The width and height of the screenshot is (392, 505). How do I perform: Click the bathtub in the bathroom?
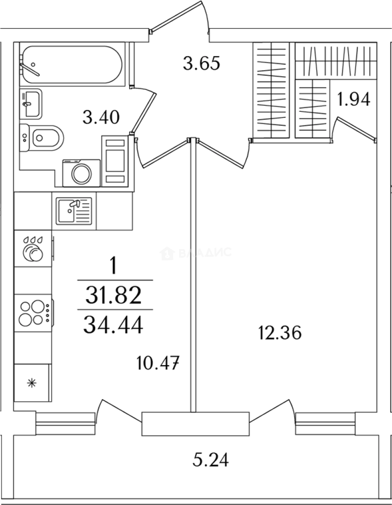(72, 65)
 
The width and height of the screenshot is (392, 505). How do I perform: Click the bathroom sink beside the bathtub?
(31, 103)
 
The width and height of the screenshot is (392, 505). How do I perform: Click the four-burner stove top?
(31, 313)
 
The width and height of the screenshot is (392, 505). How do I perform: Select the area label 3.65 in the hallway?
(201, 63)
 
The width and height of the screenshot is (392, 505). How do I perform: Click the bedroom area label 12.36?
(280, 333)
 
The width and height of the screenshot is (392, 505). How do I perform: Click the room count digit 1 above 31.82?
(112, 267)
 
